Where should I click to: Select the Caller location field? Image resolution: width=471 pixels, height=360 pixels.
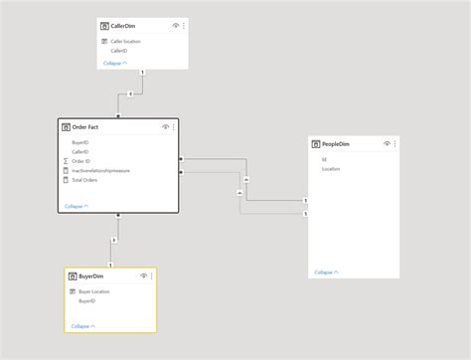point(125,42)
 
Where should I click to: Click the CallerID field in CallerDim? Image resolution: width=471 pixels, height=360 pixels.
point(118,50)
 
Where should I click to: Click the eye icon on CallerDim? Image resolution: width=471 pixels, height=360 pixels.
point(175,25)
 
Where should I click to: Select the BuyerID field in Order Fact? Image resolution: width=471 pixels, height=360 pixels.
point(80,143)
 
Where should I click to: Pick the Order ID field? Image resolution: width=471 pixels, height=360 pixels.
point(81,160)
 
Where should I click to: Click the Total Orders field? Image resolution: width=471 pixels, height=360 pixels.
point(85,180)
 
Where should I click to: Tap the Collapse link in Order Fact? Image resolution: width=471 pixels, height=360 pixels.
point(75,206)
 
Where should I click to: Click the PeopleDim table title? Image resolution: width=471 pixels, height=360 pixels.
point(336,145)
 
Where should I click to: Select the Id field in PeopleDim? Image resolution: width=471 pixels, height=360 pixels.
point(324,159)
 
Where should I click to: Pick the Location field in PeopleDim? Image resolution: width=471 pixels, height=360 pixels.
point(331,169)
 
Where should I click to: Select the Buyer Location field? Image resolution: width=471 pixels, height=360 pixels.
point(93,291)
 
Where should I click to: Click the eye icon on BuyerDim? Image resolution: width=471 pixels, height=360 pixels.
point(145,275)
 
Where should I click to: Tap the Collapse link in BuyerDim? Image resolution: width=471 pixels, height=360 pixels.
point(83,325)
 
